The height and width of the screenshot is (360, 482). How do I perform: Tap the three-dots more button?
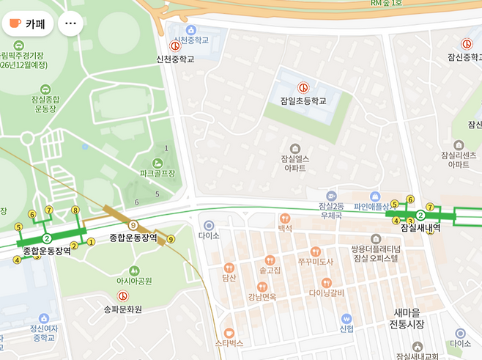[x=70, y=23]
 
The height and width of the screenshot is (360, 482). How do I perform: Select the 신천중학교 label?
[x=176, y=59]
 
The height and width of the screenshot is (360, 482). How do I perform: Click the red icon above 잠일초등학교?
[x=303, y=87]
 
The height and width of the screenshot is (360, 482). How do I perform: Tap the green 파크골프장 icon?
[x=157, y=162]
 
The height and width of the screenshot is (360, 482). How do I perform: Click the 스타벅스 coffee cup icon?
[x=229, y=331]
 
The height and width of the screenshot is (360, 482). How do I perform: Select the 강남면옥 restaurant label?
[x=262, y=297]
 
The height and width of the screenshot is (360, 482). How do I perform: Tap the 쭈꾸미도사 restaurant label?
[x=316, y=262]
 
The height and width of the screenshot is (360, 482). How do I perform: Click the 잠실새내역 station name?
[x=420, y=228]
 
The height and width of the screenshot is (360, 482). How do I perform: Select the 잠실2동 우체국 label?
[x=332, y=212]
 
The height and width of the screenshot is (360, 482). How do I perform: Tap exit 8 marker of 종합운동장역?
[x=75, y=210]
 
